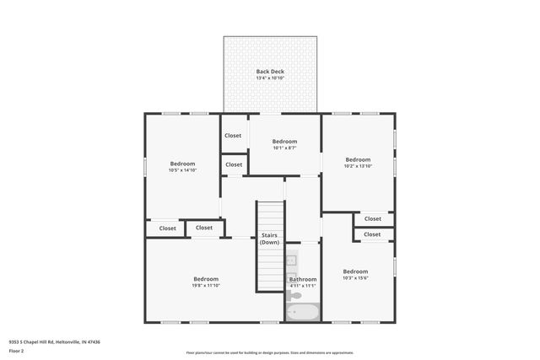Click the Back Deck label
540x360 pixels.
click(270, 72)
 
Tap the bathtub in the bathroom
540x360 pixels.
click(302, 313)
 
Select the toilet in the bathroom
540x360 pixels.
click(294, 295)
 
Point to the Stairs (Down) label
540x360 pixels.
click(269, 239)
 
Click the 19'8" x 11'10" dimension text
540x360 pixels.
click(206, 286)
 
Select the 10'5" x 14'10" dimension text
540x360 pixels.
click(182, 170)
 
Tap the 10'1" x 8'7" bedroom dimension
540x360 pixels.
click(284, 148)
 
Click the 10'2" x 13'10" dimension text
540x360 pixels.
click(358, 166)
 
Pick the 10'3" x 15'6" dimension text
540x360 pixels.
click(355, 278)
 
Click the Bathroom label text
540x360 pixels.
click(303, 279)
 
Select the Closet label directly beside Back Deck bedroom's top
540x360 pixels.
click(233, 136)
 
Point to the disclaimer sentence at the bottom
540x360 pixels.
click(269, 352)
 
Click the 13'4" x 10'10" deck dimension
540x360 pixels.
click(270, 78)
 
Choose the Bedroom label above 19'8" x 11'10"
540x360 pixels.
click(206, 279)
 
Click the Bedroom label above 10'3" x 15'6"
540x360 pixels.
click(355, 271)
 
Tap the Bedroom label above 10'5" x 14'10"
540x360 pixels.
click(182, 164)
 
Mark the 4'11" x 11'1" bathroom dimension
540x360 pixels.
click(303, 286)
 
